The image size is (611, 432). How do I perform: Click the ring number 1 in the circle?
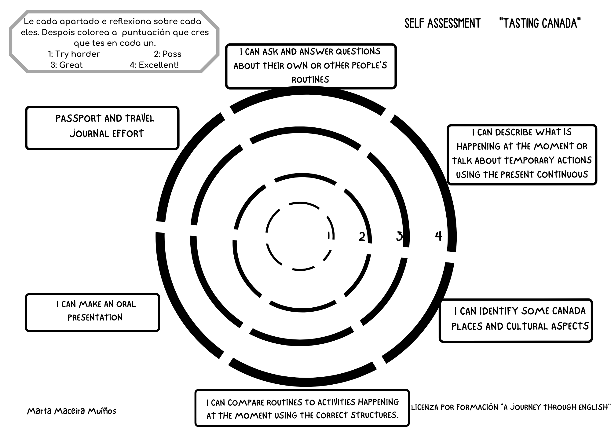click(329, 236)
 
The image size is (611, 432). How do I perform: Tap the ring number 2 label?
click(362, 236)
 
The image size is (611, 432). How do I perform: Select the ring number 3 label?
click(399, 236)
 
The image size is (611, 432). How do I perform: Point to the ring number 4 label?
click(438, 236)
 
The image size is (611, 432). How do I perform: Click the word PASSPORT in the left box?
click(78, 119)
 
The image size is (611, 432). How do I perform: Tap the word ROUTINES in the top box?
click(310, 80)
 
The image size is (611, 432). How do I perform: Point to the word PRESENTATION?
click(95, 318)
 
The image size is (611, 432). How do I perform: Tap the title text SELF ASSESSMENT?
click(442, 24)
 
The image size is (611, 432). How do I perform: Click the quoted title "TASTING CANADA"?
click(540, 24)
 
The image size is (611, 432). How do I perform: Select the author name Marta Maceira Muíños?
click(72, 411)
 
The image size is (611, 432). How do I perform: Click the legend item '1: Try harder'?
click(74, 54)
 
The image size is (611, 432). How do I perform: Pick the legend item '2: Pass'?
click(167, 54)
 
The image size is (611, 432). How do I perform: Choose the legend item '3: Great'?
click(67, 65)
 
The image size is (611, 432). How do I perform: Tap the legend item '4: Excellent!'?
click(154, 65)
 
